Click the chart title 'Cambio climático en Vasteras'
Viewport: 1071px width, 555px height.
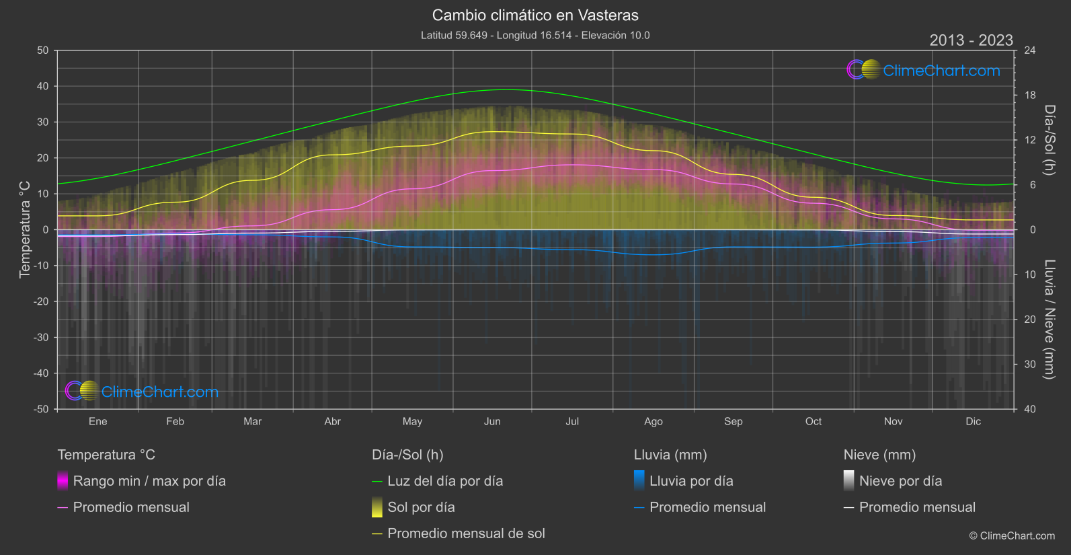[535, 15]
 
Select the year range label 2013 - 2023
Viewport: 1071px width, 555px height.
[971, 40]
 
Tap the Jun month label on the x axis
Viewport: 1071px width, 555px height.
[492, 421]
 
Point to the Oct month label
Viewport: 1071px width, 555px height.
[813, 421]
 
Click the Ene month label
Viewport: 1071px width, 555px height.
[97, 421]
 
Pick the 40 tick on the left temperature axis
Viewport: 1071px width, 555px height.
[42, 86]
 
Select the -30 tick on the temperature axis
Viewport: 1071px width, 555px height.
[41, 337]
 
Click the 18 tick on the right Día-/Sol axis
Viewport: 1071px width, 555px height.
[1030, 95]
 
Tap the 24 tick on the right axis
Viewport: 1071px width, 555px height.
[1030, 50]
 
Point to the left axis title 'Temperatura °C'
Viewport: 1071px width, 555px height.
[24, 229]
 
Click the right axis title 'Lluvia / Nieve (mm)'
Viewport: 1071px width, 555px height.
[1049, 320]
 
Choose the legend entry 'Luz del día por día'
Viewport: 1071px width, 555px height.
[445, 481]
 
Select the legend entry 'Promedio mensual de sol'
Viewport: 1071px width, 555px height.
[466, 533]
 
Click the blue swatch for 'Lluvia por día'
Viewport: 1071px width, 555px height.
[639, 481]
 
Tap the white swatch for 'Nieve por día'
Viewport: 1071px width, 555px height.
[849, 481]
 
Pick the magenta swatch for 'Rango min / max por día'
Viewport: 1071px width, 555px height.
[63, 481]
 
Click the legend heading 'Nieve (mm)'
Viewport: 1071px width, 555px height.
[879, 455]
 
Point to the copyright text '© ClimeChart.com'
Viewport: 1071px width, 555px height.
[1012, 535]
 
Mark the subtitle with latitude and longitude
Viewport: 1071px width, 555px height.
[535, 35]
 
